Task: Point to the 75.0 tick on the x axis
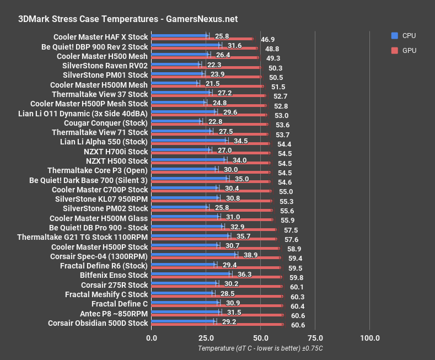[x=315, y=337]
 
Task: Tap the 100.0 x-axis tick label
[x=369, y=337]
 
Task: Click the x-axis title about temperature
[x=260, y=348]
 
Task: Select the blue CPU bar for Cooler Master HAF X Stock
[x=179, y=36]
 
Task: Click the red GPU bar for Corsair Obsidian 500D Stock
[x=217, y=325]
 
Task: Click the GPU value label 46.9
[x=268, y=40]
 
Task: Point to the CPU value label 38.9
[x=251, y=255]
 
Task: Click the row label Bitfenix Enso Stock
[x=114, y=275]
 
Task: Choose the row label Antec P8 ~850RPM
[x=114, y=313]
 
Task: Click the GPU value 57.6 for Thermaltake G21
[x=291, y=240]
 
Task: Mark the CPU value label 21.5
[x=213, y=84]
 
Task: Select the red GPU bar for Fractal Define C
[x=217, y=306]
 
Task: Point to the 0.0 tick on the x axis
[x=151, y=337]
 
